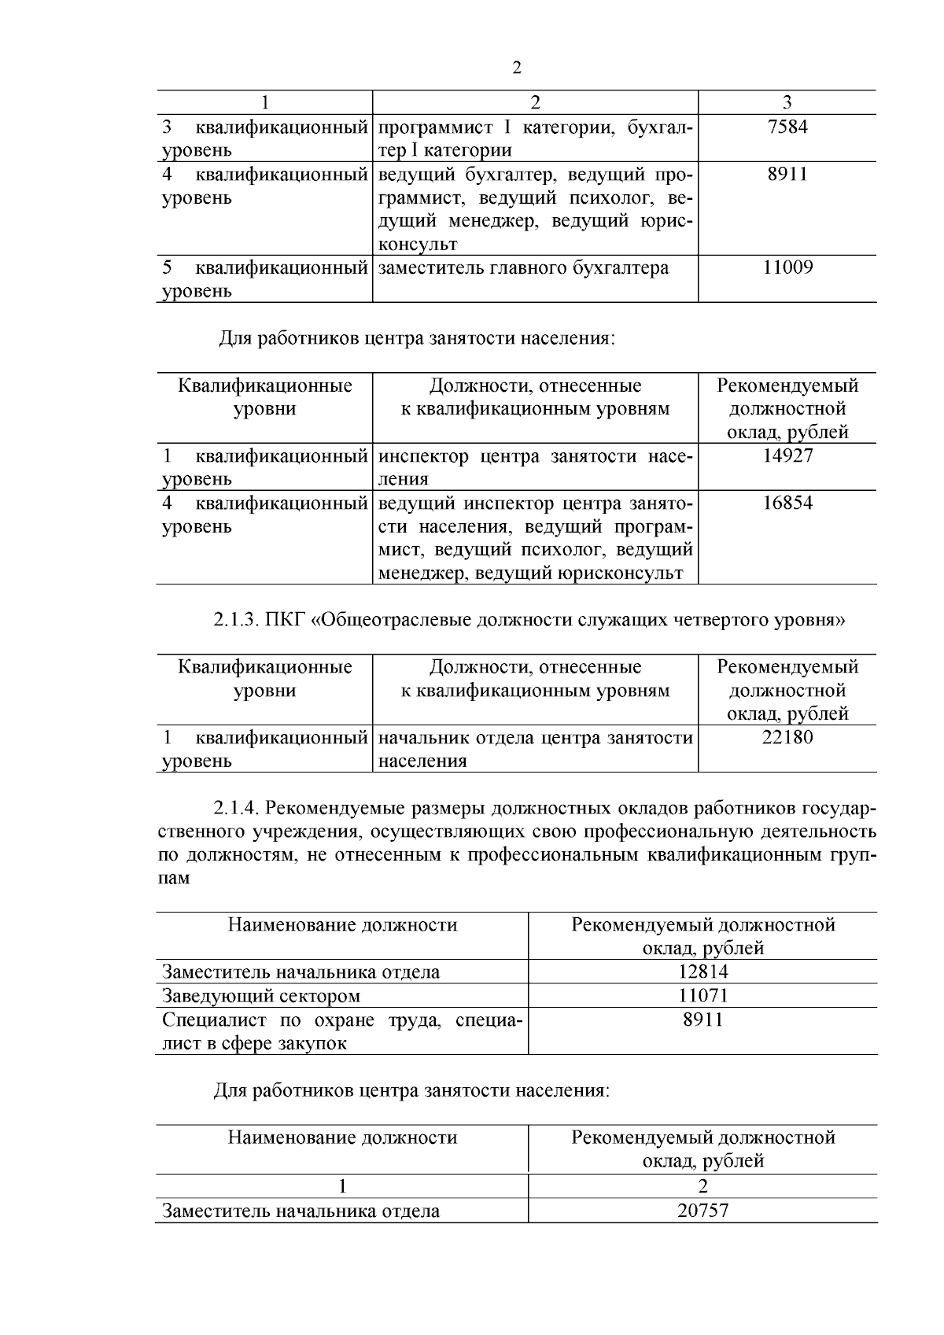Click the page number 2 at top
517,68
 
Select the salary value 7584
787,127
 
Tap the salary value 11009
787,267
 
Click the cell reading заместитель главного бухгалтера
523,268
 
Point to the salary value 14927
787,455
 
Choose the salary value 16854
787,503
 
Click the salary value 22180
787,737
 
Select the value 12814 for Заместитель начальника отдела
702,972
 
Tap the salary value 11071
702,996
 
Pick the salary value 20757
702,1211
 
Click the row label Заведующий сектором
261,996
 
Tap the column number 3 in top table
787,102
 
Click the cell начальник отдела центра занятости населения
535,749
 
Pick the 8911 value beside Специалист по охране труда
702,1020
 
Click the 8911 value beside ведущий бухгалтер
787,174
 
